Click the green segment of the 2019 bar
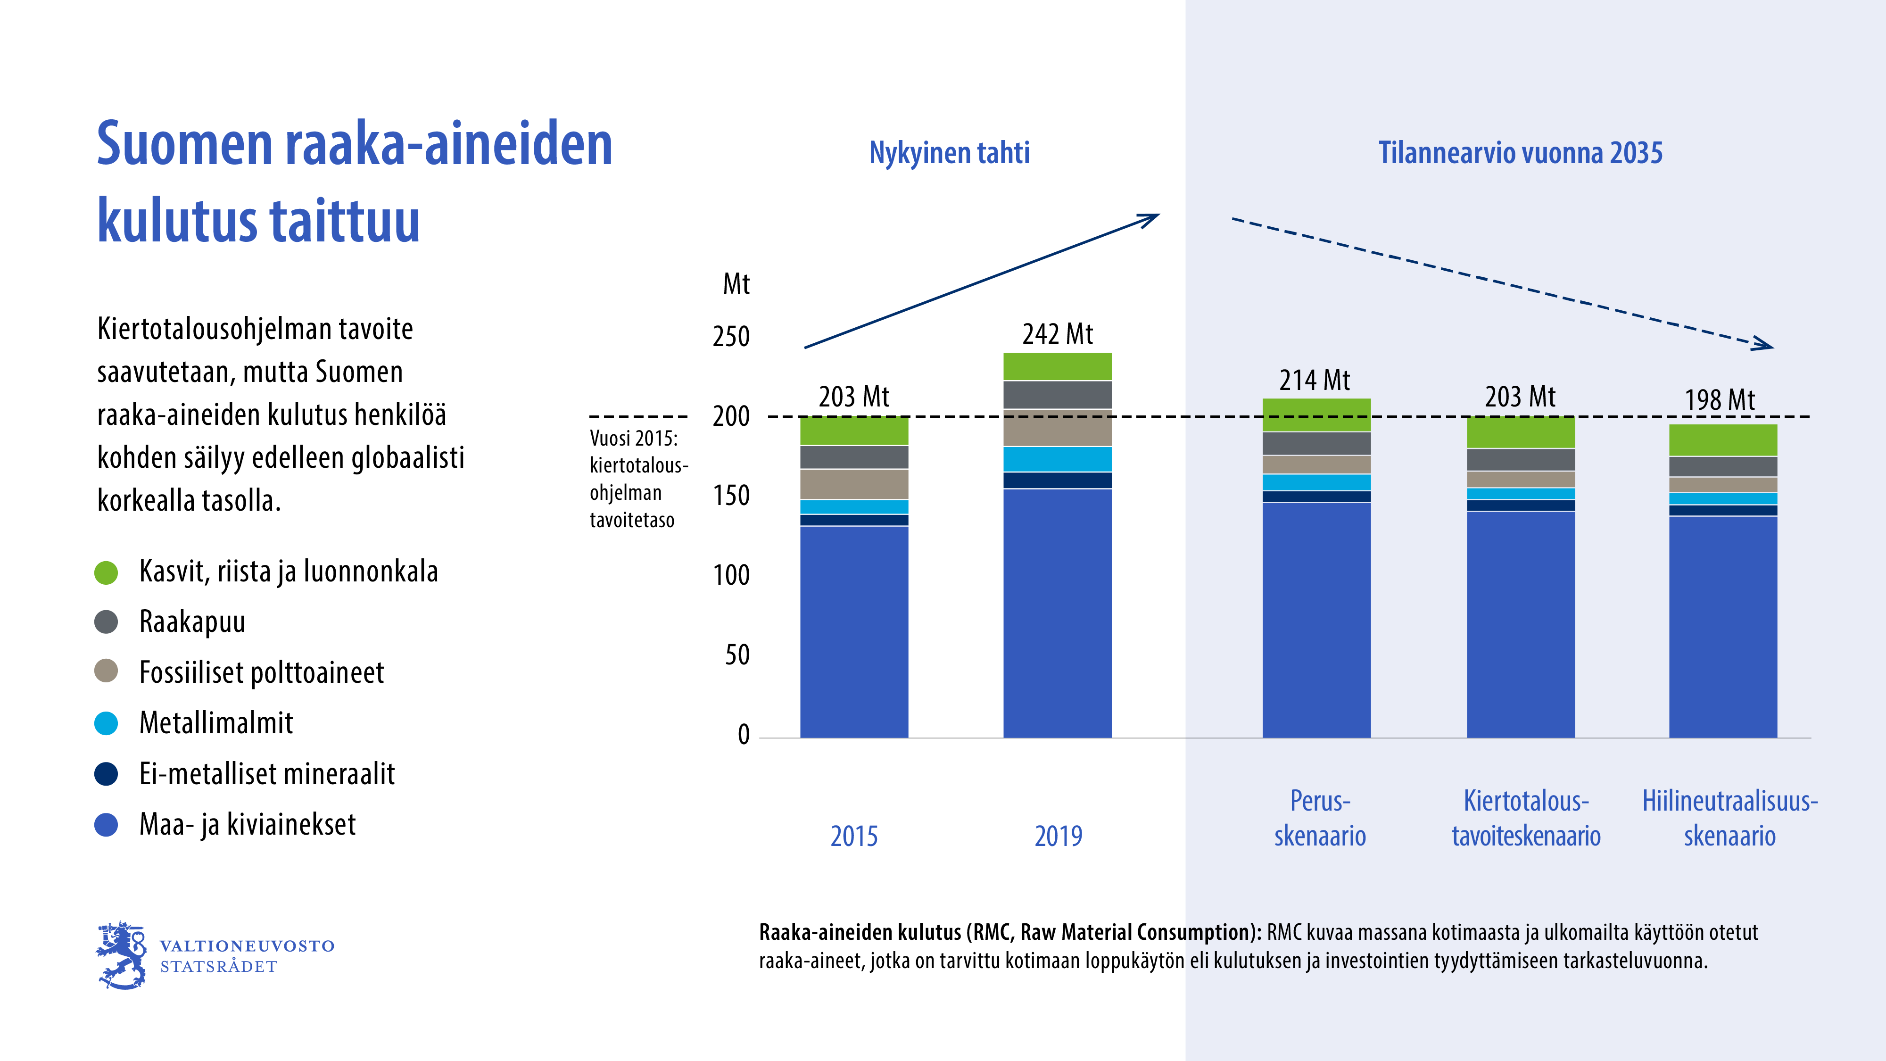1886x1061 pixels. [1057, 366]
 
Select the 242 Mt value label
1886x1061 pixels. [1057, 335]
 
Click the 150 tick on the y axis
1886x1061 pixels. [731, 496]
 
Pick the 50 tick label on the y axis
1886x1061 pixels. [737, 655]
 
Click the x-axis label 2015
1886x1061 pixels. [854, 836]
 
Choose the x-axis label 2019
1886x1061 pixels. [1058, 836]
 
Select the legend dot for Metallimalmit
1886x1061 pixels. [106, 723]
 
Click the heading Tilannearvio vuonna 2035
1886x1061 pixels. [1520, 153]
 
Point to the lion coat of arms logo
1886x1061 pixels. [122, 955]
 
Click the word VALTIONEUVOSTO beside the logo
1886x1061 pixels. [247, 946]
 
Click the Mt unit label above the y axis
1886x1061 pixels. [736, 284]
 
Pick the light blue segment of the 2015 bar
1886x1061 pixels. [854, 507]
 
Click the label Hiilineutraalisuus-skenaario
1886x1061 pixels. [1729, 818]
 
